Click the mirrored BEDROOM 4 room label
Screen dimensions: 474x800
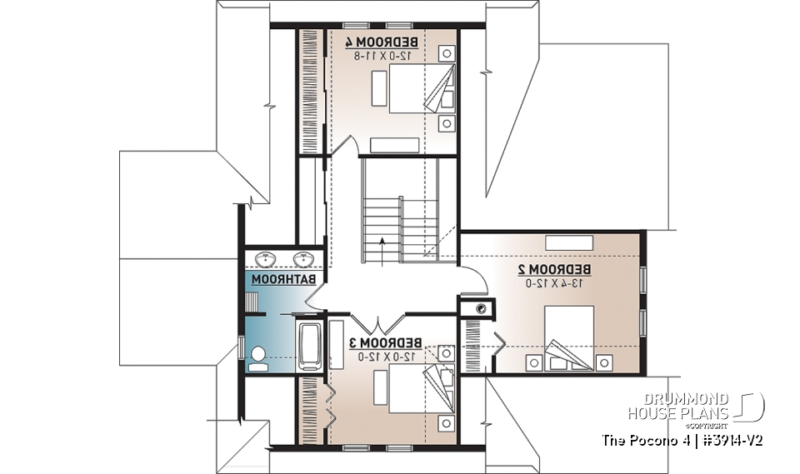[385, 42]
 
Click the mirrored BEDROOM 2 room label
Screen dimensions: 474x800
[554, 269]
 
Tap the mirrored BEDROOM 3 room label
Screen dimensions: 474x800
[385, 343]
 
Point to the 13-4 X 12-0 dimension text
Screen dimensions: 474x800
[554, 283]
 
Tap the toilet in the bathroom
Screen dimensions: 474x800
[258, 357]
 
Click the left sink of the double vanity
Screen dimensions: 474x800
[267, 257]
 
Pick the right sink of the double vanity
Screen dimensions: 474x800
[304, 257]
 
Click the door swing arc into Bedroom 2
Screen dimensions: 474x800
[473, 284]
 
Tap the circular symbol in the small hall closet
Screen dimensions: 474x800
[479, 309]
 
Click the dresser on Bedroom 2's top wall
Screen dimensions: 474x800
[568, 242]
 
